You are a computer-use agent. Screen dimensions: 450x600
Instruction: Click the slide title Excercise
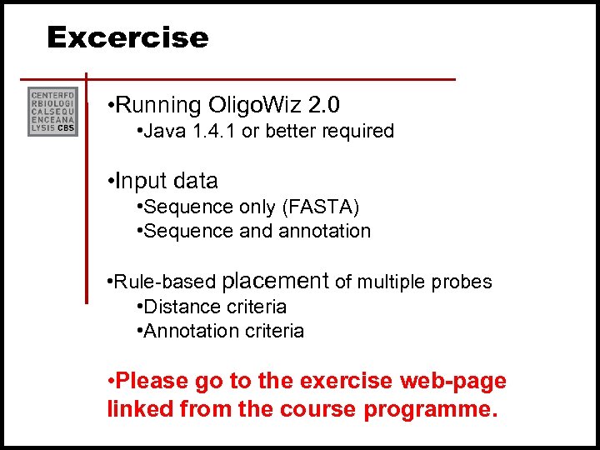point(127,37)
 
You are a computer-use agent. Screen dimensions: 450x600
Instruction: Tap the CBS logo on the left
point(52,111)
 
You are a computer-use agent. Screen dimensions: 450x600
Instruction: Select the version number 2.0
point(324,106)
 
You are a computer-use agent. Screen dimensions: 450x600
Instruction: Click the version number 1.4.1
point(212,132)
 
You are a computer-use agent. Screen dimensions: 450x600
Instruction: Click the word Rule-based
point(167,282)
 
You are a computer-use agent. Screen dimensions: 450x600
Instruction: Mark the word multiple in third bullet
point(392,282)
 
